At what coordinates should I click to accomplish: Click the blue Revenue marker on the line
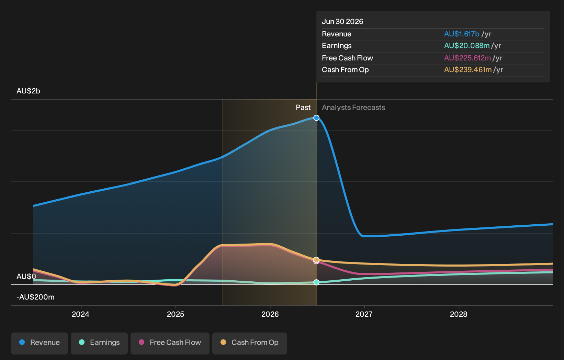[x=316, y=118]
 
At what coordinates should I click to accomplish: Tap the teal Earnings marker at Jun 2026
[x=316, y=282]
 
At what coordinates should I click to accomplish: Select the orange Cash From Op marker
[x=316, y=260]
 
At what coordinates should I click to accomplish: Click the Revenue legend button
[x=39, y=344]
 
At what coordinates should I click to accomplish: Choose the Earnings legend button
[x=99, y=344]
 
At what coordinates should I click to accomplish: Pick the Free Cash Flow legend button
[x=170, y=344]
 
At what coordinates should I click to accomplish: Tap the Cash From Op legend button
[x=249, y=344]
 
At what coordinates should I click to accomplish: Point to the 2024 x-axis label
[x=81, y=314]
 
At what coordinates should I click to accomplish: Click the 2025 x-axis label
[x=176, y=314]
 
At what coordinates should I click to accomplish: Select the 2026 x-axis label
[x=270, y=314]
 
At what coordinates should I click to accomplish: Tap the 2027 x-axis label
[x=364, y=314]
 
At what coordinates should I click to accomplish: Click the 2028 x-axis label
[x=459, y=314]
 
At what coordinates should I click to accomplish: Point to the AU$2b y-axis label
[x=28, y=91]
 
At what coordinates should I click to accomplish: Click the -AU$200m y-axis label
[x=35, y=297]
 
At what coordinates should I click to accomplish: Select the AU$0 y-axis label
[x=26, y=277]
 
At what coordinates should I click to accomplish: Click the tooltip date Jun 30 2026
[x=342, y=22]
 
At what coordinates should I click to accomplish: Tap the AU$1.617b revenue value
[x=462, y=34]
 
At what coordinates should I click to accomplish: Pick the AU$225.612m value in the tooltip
[x=467, y=58]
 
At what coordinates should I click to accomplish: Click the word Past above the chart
[x=303, y=108]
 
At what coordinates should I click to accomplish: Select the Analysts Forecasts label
[x=353, y=108]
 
